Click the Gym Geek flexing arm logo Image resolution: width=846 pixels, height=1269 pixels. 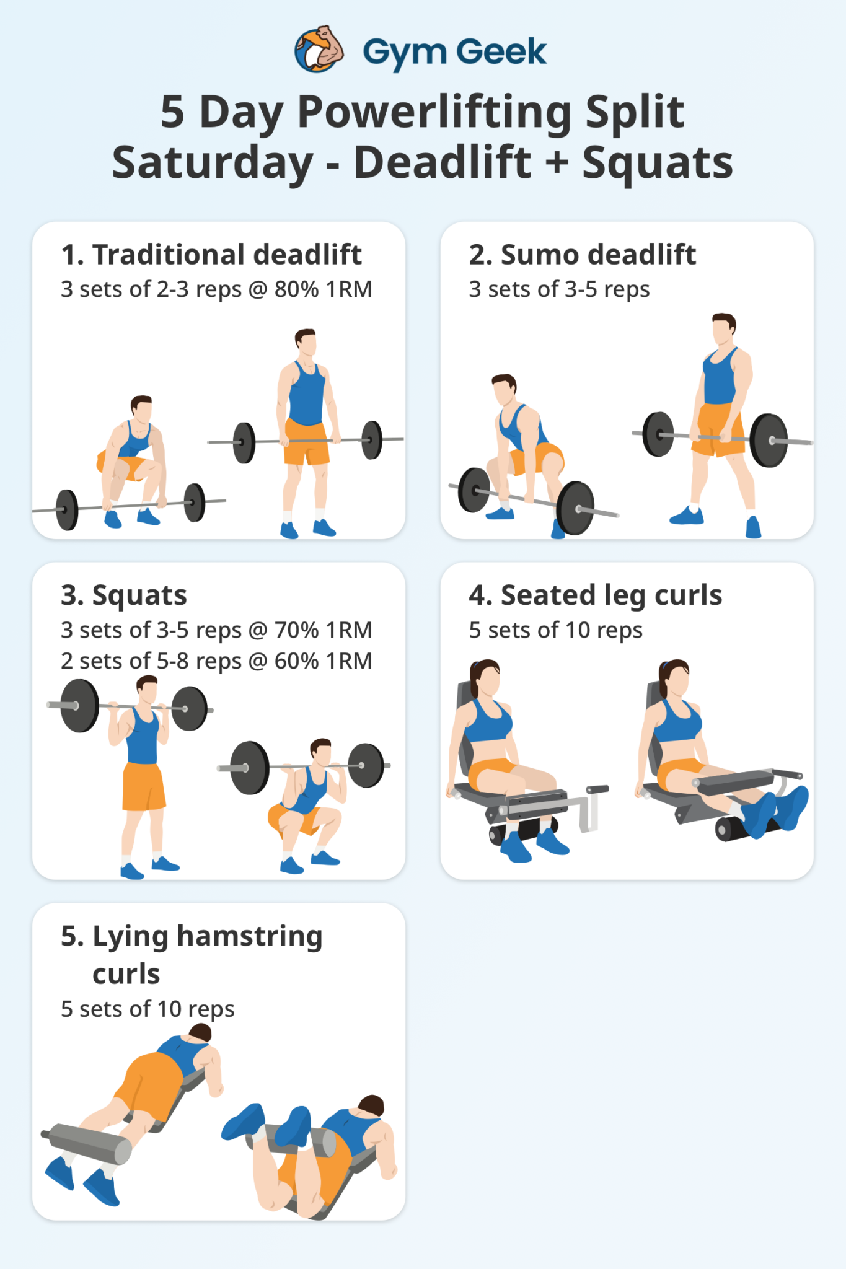tap(320, 50)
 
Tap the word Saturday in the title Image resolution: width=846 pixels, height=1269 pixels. tap(213, 163)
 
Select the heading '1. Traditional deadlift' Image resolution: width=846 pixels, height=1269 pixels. tap(211, 255)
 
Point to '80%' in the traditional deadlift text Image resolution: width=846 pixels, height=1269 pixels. tap(296, 289)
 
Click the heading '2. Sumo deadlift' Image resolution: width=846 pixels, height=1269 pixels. tap(582, 255)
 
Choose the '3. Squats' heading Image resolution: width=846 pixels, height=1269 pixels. tap(124, 595)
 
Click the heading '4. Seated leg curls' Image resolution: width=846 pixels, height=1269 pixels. tap(595, 595)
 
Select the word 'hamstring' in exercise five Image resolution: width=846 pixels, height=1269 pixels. tap(250, 936)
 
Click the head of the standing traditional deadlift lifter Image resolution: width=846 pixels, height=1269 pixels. tap(306, 342)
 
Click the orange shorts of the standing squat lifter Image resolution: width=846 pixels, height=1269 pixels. tap(144, 786)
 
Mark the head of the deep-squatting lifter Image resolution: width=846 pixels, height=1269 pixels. tap(320, 752)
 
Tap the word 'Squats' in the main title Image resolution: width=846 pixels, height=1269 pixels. tap(657, 163)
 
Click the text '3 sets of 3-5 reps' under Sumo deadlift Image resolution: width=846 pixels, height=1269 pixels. tap(559, 289)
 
